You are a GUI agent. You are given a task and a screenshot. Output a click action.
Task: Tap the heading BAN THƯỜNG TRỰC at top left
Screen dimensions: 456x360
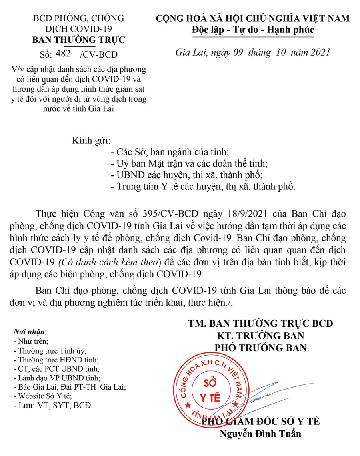pyautogui.click(x=78, y=40)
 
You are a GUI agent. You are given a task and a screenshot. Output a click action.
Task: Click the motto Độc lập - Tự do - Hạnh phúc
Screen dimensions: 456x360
pyautogui.click(x=253, y=30)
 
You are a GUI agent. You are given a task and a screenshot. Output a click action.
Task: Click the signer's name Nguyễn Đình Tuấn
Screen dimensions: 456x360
pyautogui.click(x=260, y=434)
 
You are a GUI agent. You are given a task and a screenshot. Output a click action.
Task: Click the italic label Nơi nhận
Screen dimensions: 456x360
pyautogui.click(x=30, y=332)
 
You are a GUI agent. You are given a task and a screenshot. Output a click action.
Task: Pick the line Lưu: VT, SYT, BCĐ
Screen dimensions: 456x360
pyautogui.click(x=53, y=406)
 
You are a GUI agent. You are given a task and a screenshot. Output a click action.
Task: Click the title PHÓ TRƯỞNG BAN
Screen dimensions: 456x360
pyautogui.click(x=261, y=348)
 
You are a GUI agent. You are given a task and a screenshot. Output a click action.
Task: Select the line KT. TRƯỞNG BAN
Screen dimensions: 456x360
pyautogui.click(x=260, y=335)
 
